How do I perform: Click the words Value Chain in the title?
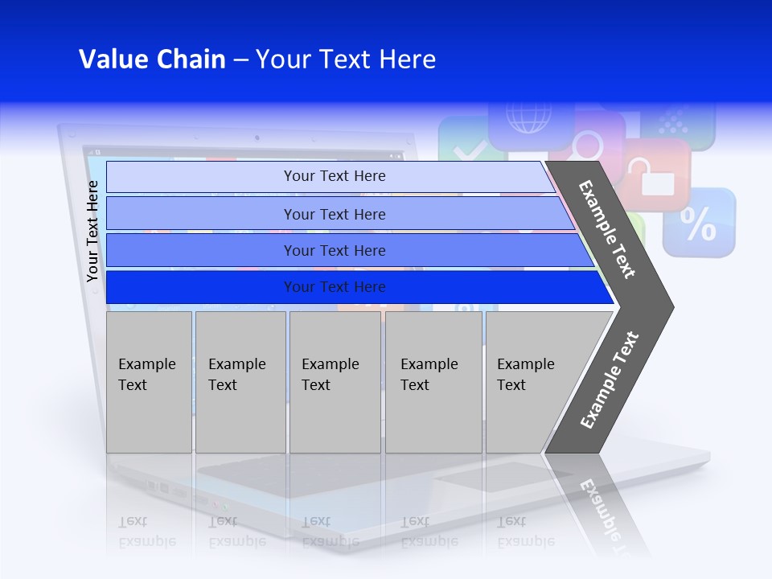pyautogui.click(x=152, y=60)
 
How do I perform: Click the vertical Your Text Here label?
pyautogui.click(x=92, y=231)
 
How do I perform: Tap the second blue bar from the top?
pyautogui.click(x=335, y=214)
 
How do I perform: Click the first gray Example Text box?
pyautogui.click(x=149, y=382)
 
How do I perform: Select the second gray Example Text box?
pyautogui.click(x=240, y=382)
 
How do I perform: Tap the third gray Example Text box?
pyautogui.click(x=335, y=382)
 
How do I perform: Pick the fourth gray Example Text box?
pyautogui.click(x=433, y=382)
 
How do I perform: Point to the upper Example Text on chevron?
pyautogui.click(x=607, y=229)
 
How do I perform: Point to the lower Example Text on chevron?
pyautogui.click(x=609, y=380)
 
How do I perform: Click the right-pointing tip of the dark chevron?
pyautogui.click(x=667, y=306)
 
